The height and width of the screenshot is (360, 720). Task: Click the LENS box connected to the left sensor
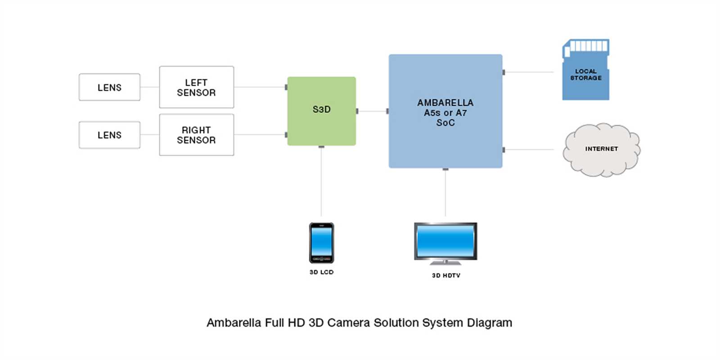[x=109, y=87]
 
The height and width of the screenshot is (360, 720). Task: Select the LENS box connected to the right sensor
[x=109, y=135]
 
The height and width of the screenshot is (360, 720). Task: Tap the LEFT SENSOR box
[x=196, y=87]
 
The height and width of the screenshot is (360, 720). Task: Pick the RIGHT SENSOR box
[x=196, y=135]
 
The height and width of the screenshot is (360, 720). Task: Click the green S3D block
[x=321, y=111]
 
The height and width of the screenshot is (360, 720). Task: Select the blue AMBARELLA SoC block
[x=445, y=112]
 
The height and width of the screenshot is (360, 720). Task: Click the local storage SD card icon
[x=585, y=70]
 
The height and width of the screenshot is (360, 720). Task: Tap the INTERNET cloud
[x=601, y=149]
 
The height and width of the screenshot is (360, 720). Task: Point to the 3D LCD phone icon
[x=321, y=243]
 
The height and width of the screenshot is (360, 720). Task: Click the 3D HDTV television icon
[x=445, y=243]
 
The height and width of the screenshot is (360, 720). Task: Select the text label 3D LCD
[x=321, y=272]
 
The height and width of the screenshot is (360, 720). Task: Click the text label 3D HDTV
[x=446, y=275]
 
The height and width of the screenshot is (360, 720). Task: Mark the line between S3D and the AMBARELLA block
[x=372, y=111]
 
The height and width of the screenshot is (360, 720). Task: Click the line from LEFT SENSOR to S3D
[x=260, y=87]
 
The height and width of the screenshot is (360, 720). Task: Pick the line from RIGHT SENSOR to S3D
[x=260, y=135]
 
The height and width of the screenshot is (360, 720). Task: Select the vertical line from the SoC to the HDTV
[x=445, y=193]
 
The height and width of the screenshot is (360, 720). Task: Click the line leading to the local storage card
[x=529, y=72]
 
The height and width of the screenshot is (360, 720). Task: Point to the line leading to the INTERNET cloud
[x=529, y=149]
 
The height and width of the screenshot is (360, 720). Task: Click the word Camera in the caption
[x=349, y=323]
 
